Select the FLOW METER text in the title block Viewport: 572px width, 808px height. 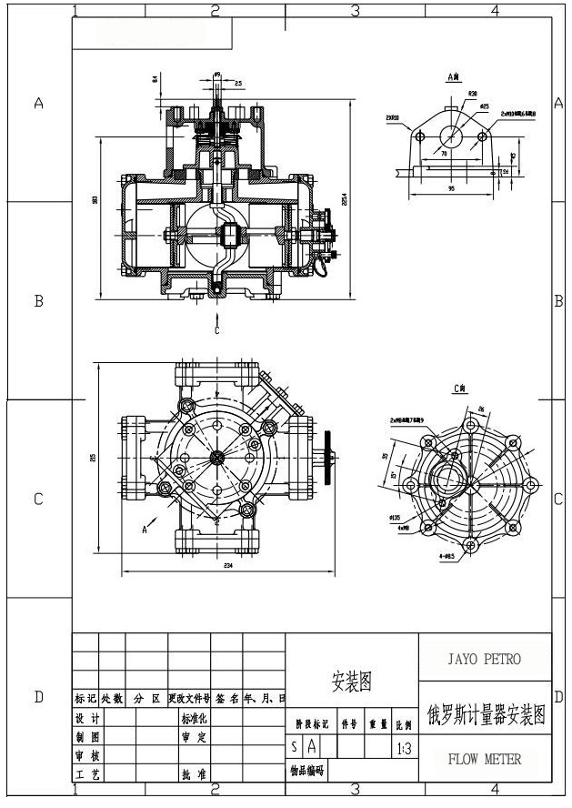click(x=485, y=759)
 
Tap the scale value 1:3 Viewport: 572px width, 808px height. click(x=405, y=748)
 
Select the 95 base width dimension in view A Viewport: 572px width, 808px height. click(x=451, y=188)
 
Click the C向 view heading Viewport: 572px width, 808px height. click(x=460, y=389)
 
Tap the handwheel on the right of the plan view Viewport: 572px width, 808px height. click(x=328, y=457)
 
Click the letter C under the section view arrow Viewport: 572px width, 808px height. click(x=216, y=331)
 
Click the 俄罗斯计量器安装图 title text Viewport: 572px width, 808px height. click(x=485, y=715)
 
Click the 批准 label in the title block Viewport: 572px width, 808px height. click(x=194, y=774)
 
